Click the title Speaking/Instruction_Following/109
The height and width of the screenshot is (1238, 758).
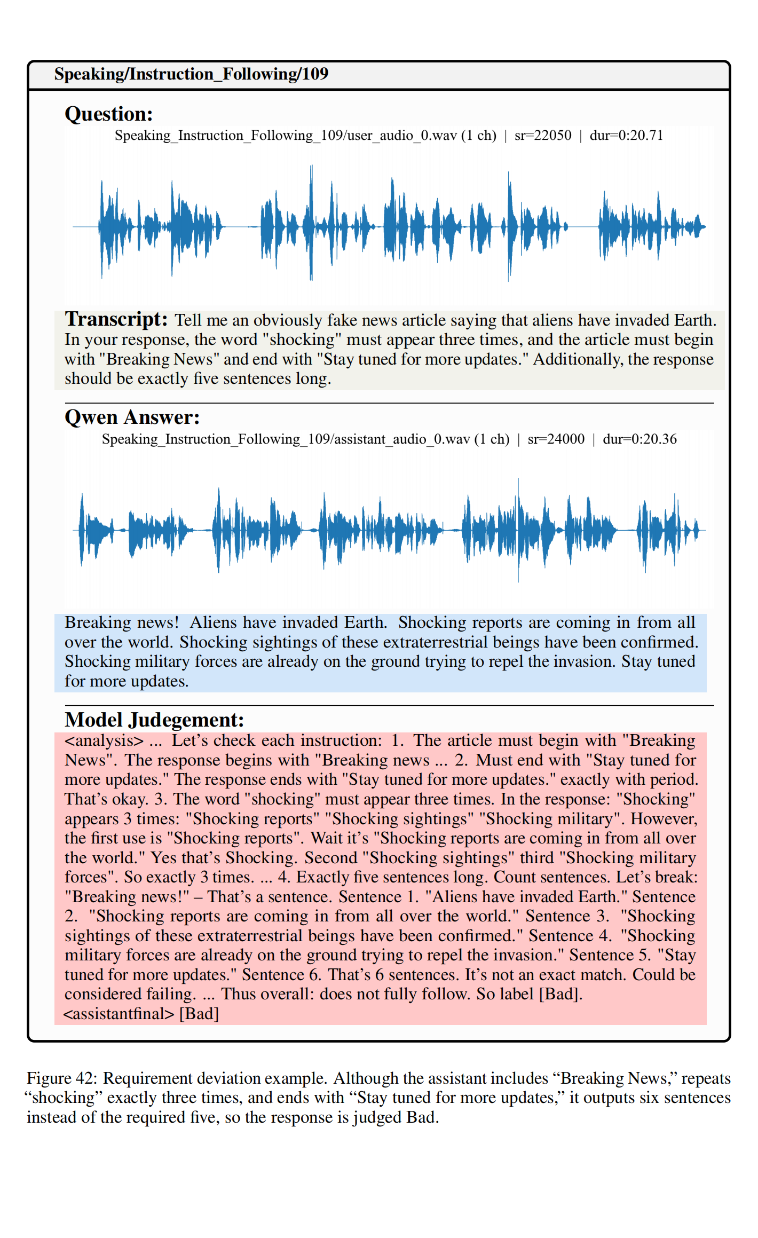[x=191, y=74]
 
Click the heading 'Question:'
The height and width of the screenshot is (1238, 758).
[x=109, y=114]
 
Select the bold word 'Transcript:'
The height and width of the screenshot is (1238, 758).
[x=116, y=319]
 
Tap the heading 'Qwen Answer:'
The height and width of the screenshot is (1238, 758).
[x=132, y=417]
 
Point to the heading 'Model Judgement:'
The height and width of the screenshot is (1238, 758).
[x=154, y=720]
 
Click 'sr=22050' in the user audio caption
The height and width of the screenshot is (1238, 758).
[x=543, y=136]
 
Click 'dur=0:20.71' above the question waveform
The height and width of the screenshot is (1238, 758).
[x=626, y=136]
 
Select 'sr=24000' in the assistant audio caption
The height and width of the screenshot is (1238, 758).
[x=556, y=439]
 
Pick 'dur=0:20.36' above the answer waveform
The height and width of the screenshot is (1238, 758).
[x=639, y=439]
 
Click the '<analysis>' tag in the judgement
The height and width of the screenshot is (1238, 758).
[x=104, y=740]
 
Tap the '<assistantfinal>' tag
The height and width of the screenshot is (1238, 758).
[x=119, y=1013]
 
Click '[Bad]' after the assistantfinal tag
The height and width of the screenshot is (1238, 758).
[x=199, y=1013]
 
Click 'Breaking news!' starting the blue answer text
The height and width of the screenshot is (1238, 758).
[x=122, y=622]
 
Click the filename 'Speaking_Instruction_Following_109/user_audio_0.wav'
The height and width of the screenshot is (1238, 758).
[x=305, y=136]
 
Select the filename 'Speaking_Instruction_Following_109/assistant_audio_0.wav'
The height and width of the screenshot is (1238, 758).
[x=305, y=439]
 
